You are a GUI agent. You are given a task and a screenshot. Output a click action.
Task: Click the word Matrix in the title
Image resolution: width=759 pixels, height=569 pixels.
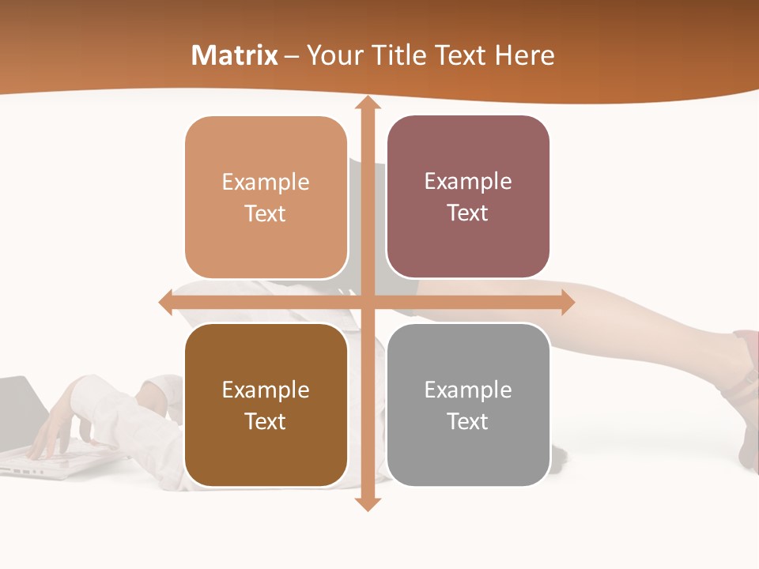click(235, 55)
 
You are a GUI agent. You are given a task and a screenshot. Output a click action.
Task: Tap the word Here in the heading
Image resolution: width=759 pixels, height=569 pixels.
click(525, 55)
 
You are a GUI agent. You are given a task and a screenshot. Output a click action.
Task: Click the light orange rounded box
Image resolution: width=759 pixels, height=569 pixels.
click(266, 198)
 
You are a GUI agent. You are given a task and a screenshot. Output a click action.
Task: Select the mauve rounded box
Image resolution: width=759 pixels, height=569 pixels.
click(468, 197)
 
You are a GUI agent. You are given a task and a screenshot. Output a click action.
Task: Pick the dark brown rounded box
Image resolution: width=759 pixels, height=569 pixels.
click(266, 405)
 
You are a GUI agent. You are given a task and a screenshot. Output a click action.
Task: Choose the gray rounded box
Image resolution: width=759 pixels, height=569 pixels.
click(468, 405)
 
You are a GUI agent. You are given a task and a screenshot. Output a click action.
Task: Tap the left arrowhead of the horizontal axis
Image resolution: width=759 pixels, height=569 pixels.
click(166, 303)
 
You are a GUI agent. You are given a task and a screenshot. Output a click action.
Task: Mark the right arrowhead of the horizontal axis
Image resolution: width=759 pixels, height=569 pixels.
click(568, 303)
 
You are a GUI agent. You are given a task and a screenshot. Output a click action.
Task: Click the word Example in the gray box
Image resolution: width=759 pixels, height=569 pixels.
click(468, 390)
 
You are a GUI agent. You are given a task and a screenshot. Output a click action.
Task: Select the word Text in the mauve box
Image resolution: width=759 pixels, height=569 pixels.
click(468, 213)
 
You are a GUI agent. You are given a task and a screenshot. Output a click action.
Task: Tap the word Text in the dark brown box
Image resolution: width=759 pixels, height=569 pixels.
click(266, 422)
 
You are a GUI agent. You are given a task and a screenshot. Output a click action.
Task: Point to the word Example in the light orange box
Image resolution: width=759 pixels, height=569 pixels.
click(266, 182)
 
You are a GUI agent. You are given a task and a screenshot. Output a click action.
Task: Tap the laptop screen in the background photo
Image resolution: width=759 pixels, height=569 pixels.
click(20, 407)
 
